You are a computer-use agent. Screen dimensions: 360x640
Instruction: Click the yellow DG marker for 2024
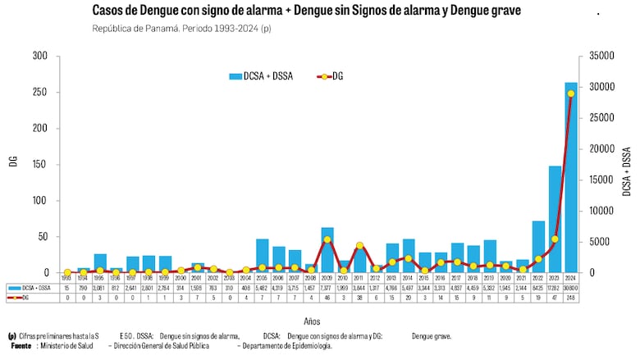click(571, 93)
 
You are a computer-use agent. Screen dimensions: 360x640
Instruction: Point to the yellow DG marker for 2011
click(359, 245)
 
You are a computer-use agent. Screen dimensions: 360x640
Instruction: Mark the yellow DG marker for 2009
click(327, 239)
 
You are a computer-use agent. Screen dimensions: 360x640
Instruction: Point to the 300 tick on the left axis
click(40, 56)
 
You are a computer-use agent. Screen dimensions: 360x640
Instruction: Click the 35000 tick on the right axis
click(597, 56)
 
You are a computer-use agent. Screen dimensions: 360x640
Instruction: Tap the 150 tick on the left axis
click(40, 164)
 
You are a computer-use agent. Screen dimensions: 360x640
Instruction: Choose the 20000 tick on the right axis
click(597, 148)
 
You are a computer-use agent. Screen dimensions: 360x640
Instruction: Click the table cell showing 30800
click(571, 289)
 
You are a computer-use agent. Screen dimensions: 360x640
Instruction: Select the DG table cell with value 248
click(571, 298)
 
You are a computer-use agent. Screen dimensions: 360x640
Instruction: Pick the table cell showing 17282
click(555, 289)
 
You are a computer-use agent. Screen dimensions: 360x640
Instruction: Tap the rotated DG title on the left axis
click(13, 162)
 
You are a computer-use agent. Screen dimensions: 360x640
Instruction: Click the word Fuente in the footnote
click(21, 346)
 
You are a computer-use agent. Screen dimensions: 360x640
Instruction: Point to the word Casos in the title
click(108, 11)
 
